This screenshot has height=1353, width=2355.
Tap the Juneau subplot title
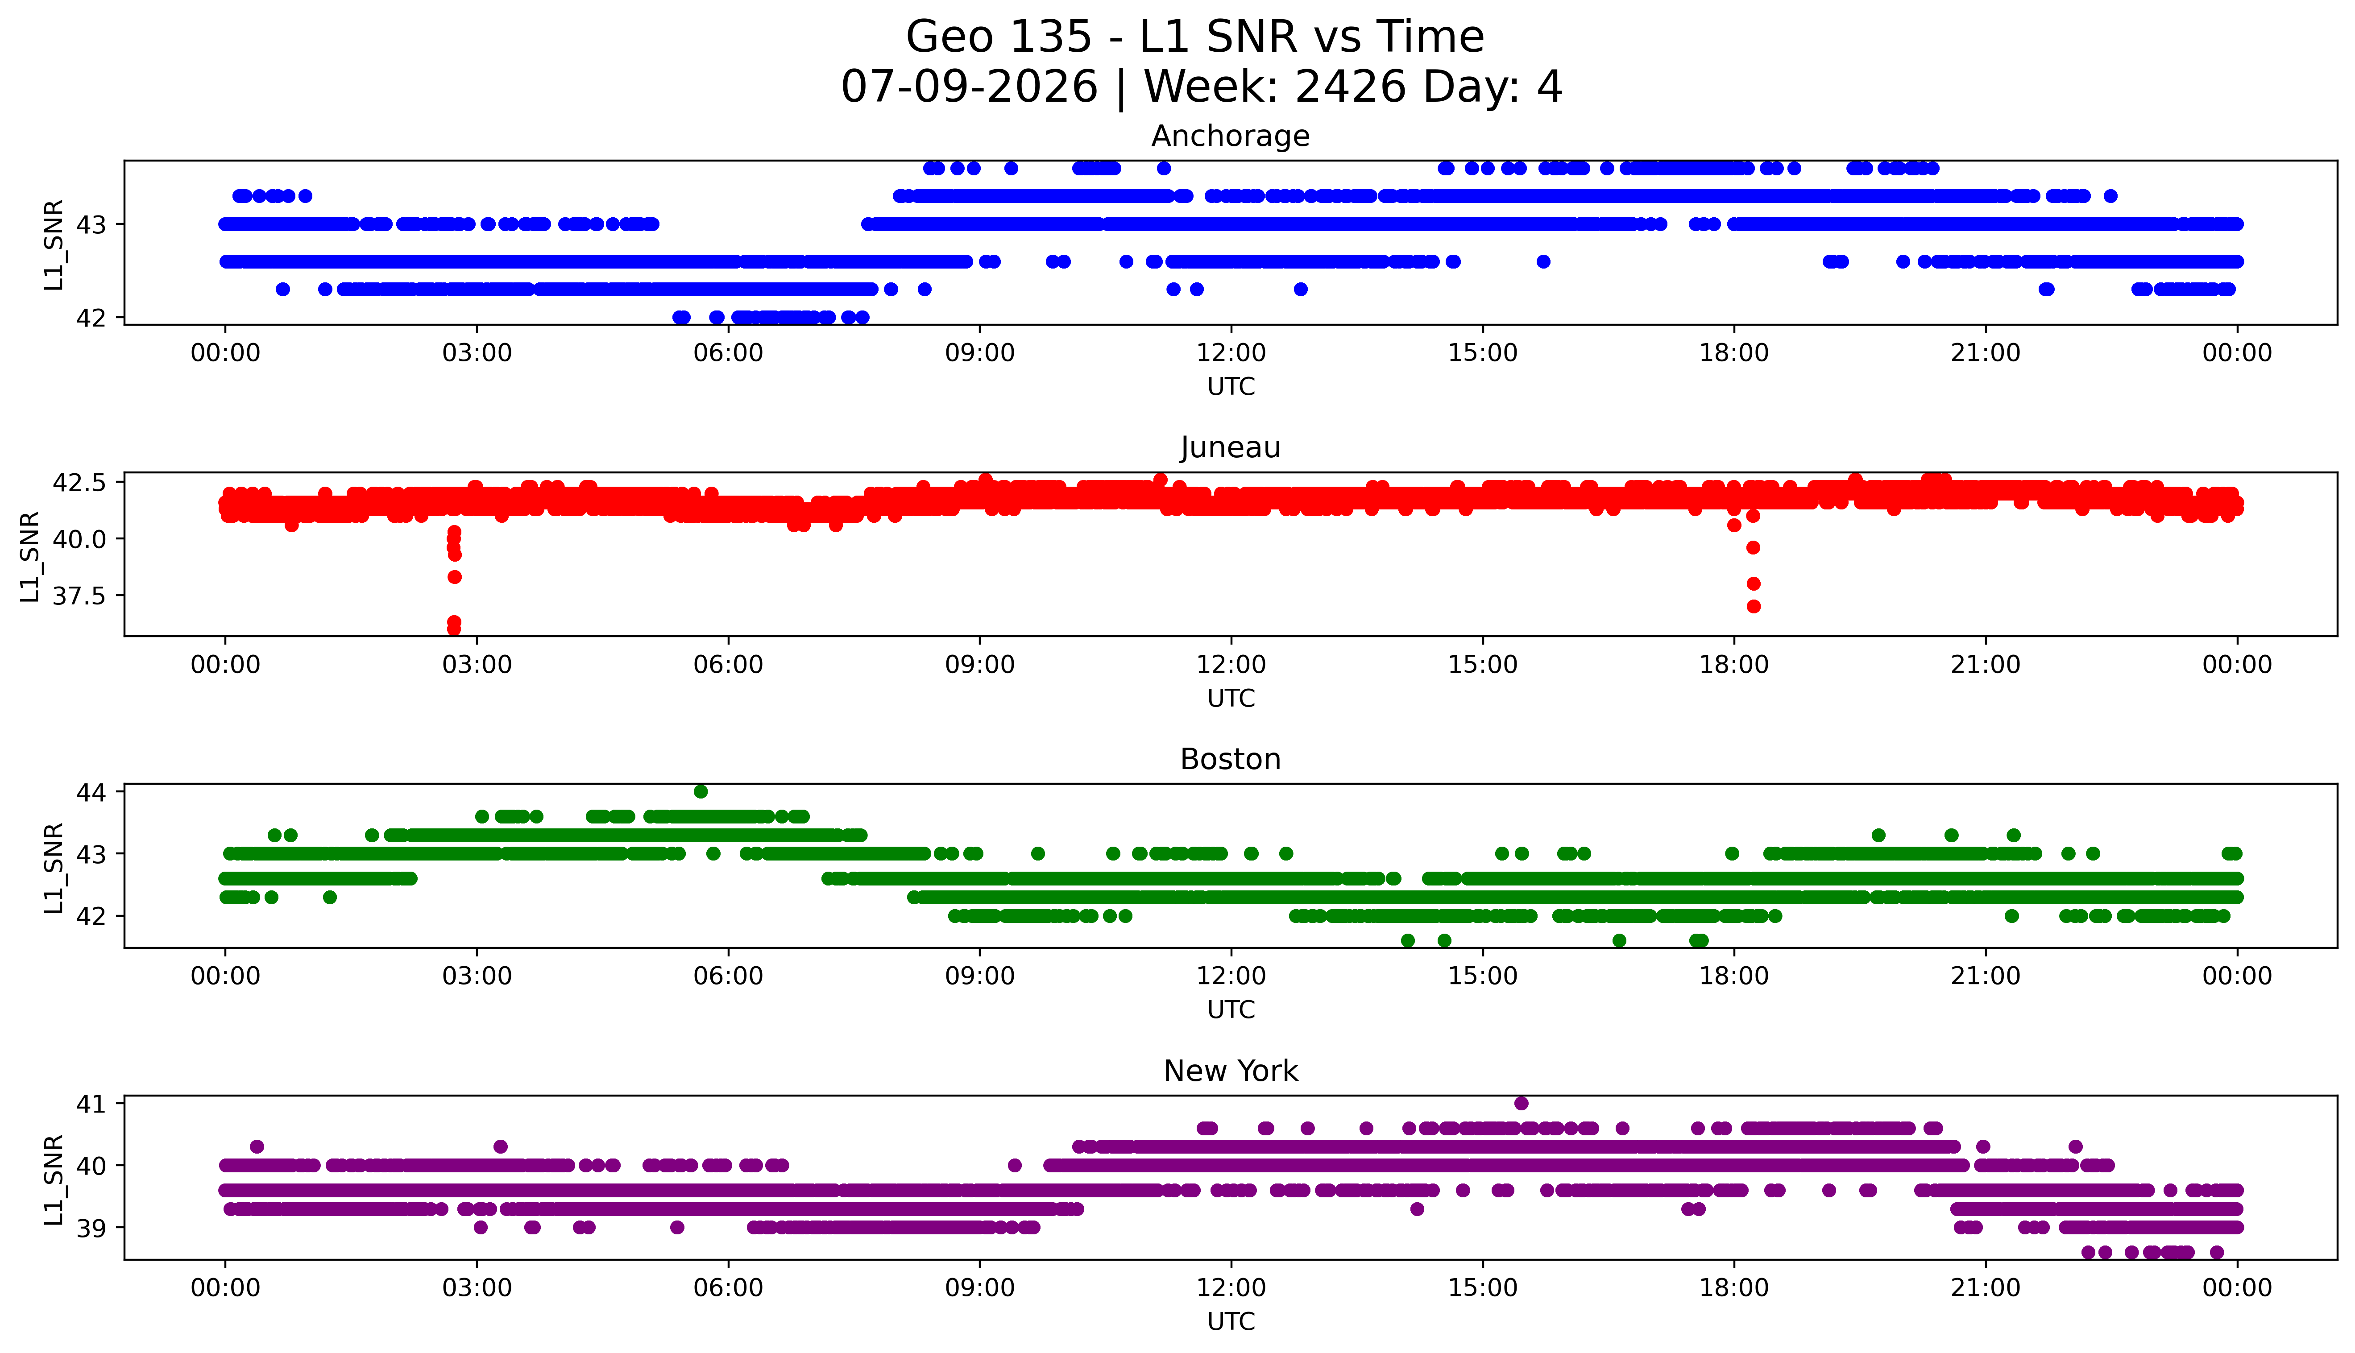click(1231, 448)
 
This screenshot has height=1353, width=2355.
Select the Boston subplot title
click(1231, 759)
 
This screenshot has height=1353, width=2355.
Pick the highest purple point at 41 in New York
click(1522, 1103)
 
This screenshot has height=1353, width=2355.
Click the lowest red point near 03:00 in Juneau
click(453, 629)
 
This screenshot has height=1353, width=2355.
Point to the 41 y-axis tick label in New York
click(94, 1104)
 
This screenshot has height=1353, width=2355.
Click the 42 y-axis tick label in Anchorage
click(94, 318)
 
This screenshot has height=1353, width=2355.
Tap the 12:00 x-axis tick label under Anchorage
click(1231, 353)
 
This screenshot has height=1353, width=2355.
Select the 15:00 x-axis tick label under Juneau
click(1482, 664)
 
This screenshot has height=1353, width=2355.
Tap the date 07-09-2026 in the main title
click(969, 87)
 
